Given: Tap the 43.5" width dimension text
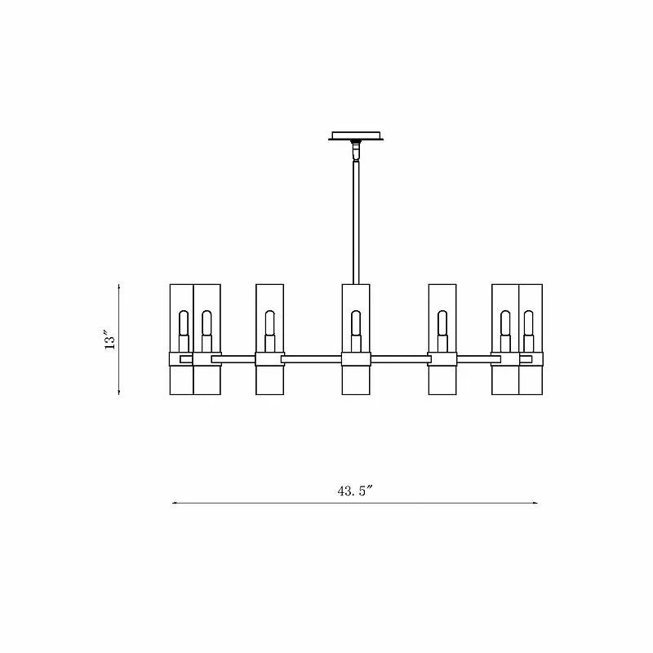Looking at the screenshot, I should point(355,491).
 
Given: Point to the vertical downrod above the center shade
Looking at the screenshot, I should point(355,220).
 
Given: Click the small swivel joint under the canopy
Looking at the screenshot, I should point(355,151).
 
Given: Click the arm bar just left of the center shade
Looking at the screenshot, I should point(311,358).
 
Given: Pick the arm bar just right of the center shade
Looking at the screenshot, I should point(400,358).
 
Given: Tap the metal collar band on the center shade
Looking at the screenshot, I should point(355,360).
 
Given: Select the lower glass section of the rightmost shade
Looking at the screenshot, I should point(530,380).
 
